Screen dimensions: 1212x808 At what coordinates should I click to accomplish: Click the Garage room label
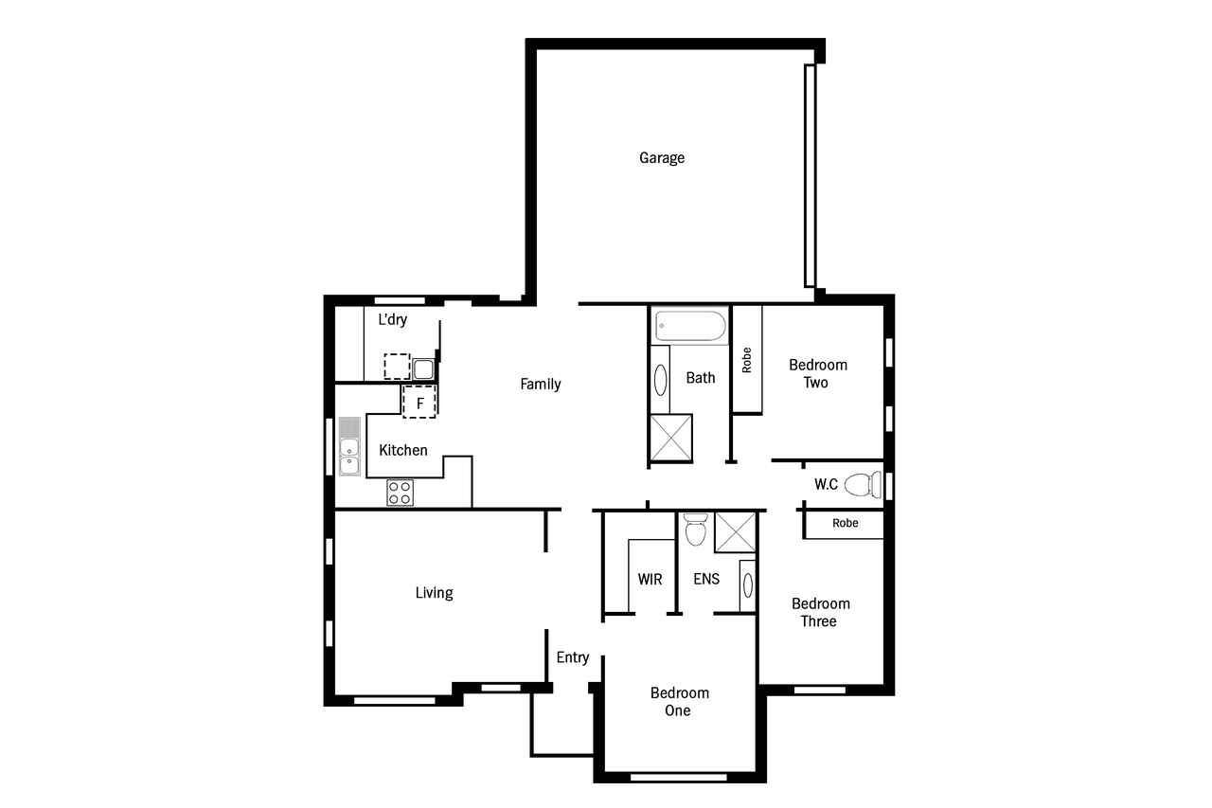click(x=662, y=157)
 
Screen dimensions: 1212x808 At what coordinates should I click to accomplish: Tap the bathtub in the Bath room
click(x=690, y=326)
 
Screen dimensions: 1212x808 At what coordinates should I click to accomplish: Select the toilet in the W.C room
click(x=863, y=485)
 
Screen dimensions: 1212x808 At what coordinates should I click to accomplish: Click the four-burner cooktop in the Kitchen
click(x=400, y=493)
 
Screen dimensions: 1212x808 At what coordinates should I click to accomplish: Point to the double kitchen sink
click(x=349, y=446)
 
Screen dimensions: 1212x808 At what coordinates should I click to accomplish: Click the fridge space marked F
click(x=419, y=403)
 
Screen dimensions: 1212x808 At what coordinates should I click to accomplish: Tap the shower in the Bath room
click(x=671, y=438)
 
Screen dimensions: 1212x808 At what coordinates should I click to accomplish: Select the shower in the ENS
click(x=736, y=532)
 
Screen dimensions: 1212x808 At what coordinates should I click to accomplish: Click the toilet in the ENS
click(x=696, y=530)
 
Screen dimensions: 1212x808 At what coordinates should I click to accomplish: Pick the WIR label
click(x=650, y=579)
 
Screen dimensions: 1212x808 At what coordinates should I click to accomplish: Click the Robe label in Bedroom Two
click(x=747, y=360)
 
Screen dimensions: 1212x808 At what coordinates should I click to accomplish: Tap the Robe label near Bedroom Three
click(x=846, y=523)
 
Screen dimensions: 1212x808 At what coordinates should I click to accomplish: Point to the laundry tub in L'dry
click(x=423, y=369)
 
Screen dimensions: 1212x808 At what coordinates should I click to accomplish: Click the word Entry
click(x=573, y=657)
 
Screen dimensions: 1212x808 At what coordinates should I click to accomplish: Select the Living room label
click(x=435, y=593)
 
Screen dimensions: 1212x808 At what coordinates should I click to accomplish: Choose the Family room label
click(x=541, y=385)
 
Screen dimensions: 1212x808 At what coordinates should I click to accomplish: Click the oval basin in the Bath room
click(x=660, y=380)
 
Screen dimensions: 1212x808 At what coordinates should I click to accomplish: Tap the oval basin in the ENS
click(x=748, y=584)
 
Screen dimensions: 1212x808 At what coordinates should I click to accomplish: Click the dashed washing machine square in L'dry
click(x=397, y=367)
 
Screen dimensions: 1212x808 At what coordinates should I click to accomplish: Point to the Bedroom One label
click(x=680, y=701)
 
